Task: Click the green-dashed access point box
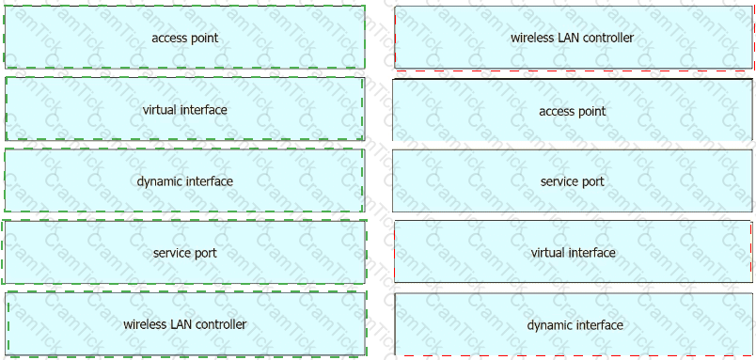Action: click(184, 37)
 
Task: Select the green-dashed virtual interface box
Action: click(184, 109)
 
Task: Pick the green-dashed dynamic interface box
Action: click(184, 180)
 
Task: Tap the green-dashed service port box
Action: click(184, 253)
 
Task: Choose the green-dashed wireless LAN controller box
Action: click(186, 324)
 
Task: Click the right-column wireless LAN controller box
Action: click(574, 38)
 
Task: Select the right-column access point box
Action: click(573, 110)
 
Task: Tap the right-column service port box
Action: click(573, 181)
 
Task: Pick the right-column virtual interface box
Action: click(574, 252)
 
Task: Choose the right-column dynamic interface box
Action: click(574, 324)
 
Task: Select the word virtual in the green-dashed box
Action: click(161, 109)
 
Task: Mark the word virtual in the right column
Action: click(549, 253)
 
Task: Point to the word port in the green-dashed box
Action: click(205, 254)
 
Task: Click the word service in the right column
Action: click(558, 181)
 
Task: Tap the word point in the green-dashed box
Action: click(205, 39)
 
